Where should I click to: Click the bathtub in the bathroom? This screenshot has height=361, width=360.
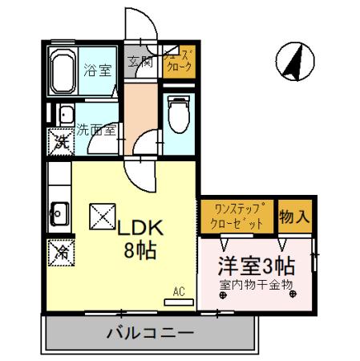click(63, 74)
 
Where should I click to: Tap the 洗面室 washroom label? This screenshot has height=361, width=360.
click(98, 129)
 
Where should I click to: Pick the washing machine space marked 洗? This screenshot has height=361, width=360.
click(61, 144)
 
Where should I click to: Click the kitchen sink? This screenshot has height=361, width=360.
click(59, 213)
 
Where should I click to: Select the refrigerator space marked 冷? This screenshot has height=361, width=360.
click(60, 251)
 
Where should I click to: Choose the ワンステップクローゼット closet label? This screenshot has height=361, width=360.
click(237, 217)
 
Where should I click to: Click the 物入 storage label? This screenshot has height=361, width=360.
click(293, 217)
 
